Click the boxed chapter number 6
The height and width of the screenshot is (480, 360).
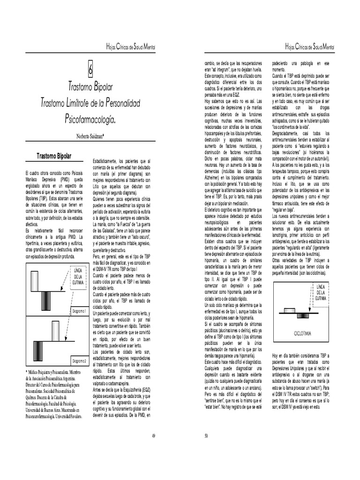click(91, 69)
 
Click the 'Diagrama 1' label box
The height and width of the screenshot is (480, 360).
click(79, 312)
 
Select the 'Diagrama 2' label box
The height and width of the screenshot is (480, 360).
click(79, 361)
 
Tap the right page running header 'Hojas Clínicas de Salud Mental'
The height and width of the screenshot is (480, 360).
click(311, 48)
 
